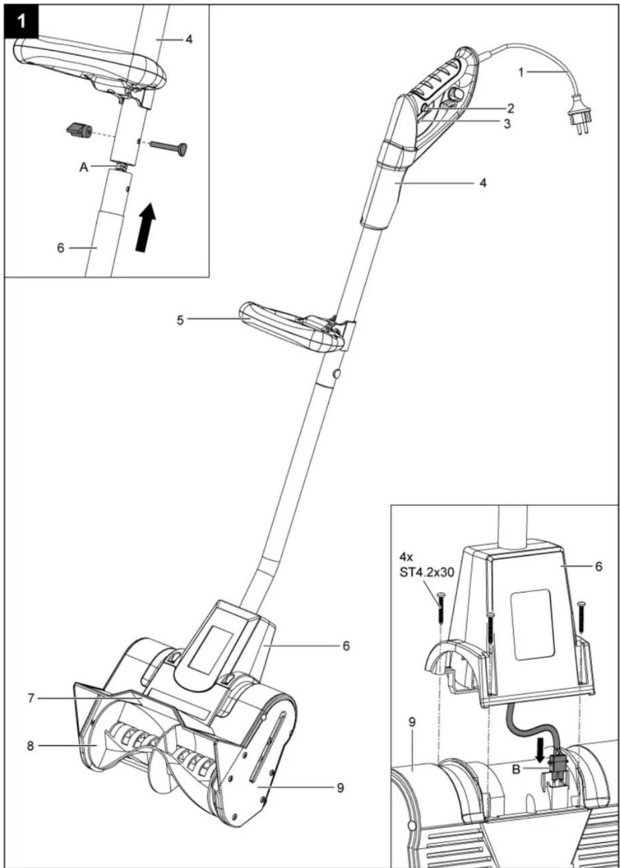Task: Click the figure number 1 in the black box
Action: coord(21,21)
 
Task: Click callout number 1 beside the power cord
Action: coord(521,72)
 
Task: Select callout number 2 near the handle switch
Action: coord(510,108)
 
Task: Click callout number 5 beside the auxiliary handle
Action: coord(180,320)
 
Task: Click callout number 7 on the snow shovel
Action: coord(31,698)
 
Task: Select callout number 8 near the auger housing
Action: coord(30,745)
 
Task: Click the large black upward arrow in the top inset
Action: coord(146,226)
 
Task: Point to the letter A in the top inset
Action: coord(83,167)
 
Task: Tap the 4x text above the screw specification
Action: coord(406,557)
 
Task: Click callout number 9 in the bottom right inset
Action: coord(412,722)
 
